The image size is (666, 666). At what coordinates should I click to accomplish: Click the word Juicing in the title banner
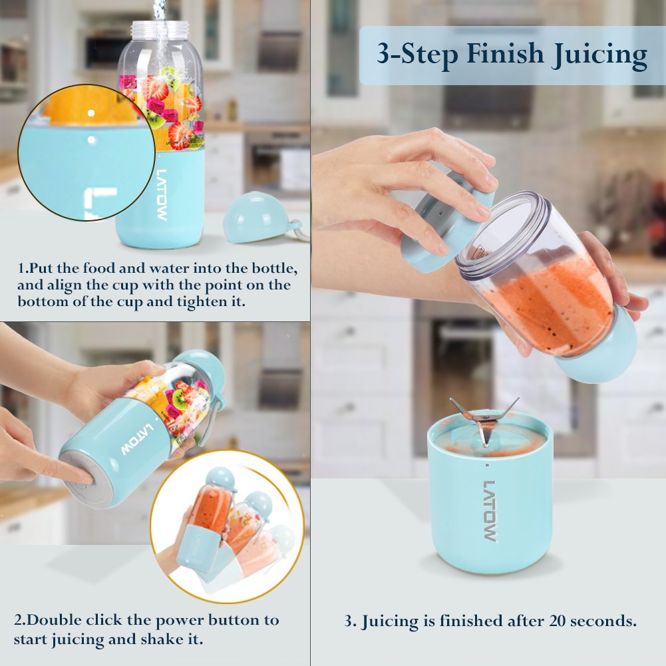click(x=599, y=55)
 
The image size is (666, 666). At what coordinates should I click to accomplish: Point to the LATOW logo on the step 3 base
click(x=490, y=511)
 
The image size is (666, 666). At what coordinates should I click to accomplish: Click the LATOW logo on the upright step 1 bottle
click(x=162, y=195)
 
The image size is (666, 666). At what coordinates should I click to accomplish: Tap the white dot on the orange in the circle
click(x=91, y=113)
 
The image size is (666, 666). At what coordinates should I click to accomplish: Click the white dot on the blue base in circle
click(x=91, y=140)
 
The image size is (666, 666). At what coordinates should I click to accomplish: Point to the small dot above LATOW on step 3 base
click(x=487, y=464)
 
